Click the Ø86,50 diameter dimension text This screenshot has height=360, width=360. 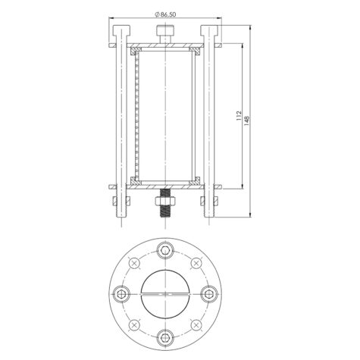tap(165, 14)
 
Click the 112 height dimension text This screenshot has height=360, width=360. tap(239, 115)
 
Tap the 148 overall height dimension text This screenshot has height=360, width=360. tap(247, 121)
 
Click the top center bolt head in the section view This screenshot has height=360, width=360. tap(165, 30)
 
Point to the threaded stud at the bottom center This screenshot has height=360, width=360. tap(165, 203)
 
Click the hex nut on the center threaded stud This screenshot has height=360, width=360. tap(165, 201)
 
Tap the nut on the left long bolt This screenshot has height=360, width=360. tap(121, 201)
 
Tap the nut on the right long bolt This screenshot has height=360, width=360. tap(209, 201)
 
